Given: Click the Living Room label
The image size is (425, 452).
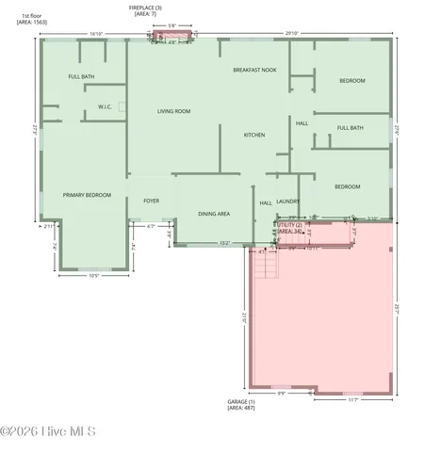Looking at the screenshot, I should (173, 111).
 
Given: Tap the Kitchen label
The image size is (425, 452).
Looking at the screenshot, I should (254, 135).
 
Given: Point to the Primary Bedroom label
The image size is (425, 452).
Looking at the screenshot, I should (87, 195).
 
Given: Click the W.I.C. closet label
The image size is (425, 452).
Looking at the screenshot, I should (106, 106).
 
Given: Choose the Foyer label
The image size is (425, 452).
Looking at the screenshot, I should (151, 201).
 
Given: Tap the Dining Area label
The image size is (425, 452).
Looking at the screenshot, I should (214, 214).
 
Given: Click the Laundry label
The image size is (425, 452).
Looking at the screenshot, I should (288, 201).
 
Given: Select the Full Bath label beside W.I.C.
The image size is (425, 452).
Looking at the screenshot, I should (81, 76).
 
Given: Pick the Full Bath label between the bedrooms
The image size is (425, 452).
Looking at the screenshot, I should (350, 128).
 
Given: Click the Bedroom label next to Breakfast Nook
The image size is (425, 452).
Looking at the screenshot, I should (351, 81).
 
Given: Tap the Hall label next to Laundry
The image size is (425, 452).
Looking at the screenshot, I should (266, 202).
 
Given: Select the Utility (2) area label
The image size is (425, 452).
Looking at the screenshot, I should (291, 228).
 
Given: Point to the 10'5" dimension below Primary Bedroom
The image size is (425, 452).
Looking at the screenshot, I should (93, 276).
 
